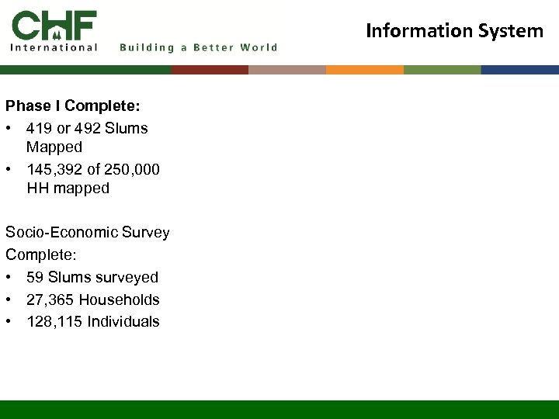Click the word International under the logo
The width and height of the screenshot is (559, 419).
[x=54, y=47]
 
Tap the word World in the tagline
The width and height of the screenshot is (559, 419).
[x=259, y=47]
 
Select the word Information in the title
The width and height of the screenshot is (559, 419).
[x=415, y=31]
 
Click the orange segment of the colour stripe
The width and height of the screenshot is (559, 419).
[x=365, y=70]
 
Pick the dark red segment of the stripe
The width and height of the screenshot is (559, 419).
[x=210, y=70]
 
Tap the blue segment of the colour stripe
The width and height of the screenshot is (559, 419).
[x=520, y=70]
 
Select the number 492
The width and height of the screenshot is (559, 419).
[x=87, y=128]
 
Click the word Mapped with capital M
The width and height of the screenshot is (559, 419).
[x=54, y=147]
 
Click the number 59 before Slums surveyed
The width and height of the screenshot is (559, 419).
[x=35, y=277]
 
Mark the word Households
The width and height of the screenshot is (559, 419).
[x=120, y=300]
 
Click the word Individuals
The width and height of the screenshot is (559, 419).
[x=123, y=321]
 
